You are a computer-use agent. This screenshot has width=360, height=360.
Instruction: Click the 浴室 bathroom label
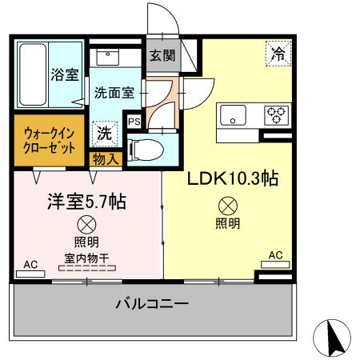66,74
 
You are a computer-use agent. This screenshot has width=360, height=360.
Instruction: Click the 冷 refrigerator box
278,54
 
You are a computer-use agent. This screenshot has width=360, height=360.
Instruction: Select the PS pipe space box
134,122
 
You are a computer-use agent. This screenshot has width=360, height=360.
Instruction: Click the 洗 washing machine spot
104,134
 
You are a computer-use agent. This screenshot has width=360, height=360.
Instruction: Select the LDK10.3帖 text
233,178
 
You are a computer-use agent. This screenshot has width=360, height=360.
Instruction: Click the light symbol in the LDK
226,205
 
